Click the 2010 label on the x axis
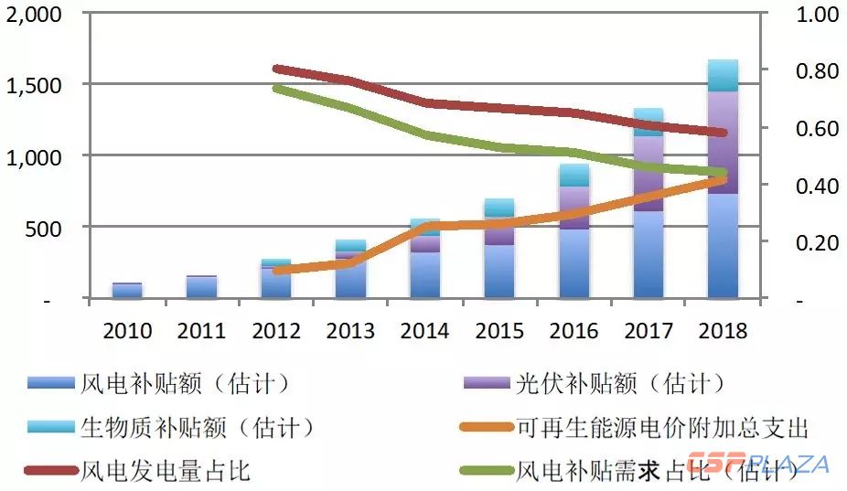pyautogui.click(x=126, y=330)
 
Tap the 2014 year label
pyautogui.click(x=424, y=330)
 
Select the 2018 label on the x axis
pyautogui.click(x=723, y=330)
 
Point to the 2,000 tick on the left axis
pyautogui.click(x=34, y=16)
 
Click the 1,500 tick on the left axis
pyautogui.click(x=34, y=86)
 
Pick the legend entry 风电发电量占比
pyautogui.click(x=166, y=471)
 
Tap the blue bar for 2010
pyautogui.click(x=126, y=290)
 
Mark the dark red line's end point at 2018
pyautogui.click(x=723, y=133)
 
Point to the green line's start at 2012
pyautogui.click(x=276, y=88)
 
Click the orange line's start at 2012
pyautogui.click(x=276, y=271)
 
